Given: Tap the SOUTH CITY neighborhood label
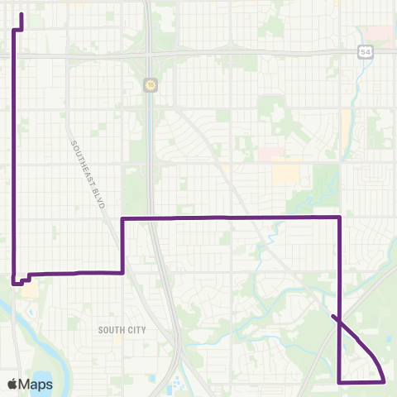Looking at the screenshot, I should [122, 329].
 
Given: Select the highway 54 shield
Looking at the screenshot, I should [364, 52].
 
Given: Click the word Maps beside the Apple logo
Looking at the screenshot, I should [36, 384].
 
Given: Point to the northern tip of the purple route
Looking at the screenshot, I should [21, 15].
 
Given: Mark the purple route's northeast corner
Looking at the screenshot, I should [340, 218].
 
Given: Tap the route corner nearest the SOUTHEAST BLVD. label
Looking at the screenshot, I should [122, 219].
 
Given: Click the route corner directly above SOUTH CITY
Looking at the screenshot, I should [122, 272].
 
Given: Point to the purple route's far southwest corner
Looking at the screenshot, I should [15, 283].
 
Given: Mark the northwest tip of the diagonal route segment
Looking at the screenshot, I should [332, 316].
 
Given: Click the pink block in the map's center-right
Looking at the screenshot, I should [270, 154].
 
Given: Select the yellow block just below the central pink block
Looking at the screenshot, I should [286, 173].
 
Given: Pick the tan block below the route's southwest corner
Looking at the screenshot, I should [30, 291].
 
